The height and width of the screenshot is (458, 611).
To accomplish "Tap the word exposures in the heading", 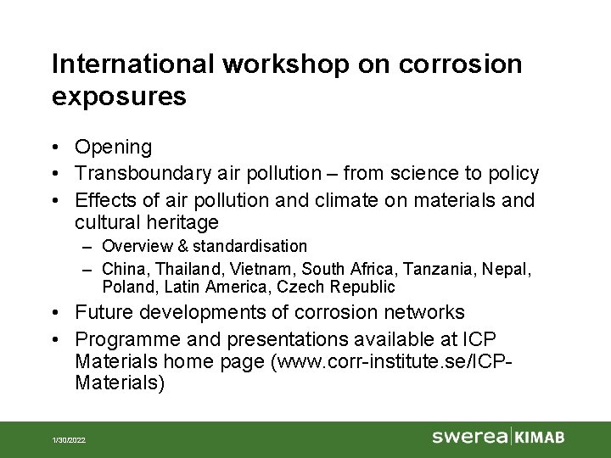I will [119, 98].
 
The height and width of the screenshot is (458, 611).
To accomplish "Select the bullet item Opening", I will [113, 148].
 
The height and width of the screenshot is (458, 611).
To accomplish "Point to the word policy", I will [512, 174].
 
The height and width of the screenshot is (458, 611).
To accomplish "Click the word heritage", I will [184, 223].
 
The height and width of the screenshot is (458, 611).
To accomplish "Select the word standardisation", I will [249, 246].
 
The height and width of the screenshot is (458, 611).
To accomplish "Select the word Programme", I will [124, 339].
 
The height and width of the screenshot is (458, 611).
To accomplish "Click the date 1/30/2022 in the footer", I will [70, 440].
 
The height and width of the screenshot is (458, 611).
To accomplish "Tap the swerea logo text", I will [469, 437].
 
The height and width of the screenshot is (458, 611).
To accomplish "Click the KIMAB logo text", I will [540, 438].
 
